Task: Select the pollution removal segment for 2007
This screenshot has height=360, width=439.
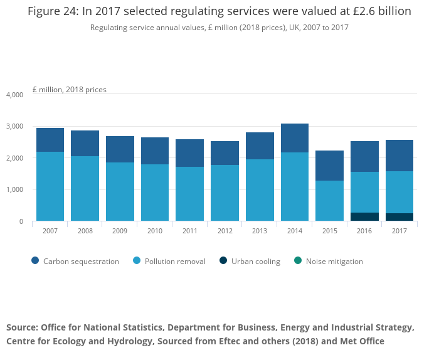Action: [x=50, y=186]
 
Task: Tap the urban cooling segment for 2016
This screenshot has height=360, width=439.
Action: [x=364, y=217]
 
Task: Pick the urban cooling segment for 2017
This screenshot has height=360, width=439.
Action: [x=399, y=217]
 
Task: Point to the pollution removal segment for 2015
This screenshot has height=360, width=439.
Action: [x=329, y=201]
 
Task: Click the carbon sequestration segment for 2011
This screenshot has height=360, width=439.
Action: [x=189, y=153]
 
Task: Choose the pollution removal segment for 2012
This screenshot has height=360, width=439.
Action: [x=225, y=193]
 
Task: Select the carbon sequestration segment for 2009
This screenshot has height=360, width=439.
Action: [x=120, y=149]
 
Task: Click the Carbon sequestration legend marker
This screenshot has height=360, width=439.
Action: [x=35, y=261]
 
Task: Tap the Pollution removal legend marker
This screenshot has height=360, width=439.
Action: [x=136, y=261]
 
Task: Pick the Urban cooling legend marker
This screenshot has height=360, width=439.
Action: [x=223, y=261]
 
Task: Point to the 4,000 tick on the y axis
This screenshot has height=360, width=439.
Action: [x=14, y=95]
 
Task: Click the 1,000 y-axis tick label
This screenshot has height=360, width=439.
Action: [x=14, y=190]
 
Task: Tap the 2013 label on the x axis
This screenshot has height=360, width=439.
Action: [x=259, y=231]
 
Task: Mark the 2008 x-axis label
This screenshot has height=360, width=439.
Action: [x=85, y=231]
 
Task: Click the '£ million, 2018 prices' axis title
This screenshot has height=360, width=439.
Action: [x=69, y=90]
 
